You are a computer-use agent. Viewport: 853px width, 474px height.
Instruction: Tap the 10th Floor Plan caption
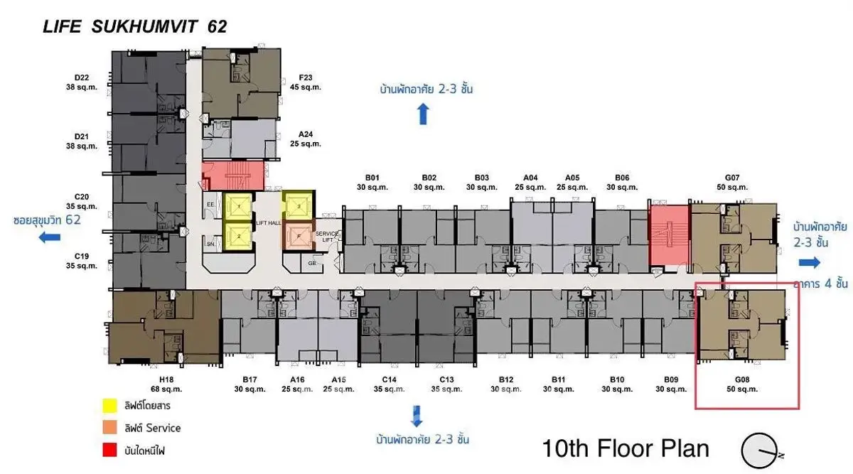pyautogui.click(x=626, y=448)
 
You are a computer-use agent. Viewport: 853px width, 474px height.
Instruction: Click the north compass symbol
pyautogui.click(x=761, y=451)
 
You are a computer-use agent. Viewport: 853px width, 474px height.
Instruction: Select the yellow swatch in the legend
pyautogui.click(x=109, y=406)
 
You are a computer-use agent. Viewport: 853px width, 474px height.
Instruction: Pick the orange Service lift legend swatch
pyautogui.click(x=109, y=428)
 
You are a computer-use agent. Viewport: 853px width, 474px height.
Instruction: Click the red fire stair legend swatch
pyautogui.click(x=109, y=450)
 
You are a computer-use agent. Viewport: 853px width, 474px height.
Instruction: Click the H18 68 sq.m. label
pyautogui.click(x=167, y=384)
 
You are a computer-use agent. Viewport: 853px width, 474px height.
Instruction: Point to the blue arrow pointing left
pyautogui.click(x=49, y=237)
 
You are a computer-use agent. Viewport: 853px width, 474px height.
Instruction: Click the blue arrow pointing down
pyautogui.click(x=416, y=414)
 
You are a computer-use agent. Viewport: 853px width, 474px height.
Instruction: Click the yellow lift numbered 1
pyautogui.click(x=240, y=207)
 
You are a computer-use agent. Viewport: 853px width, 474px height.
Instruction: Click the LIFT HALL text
pyautogui.click(x=267, y=222)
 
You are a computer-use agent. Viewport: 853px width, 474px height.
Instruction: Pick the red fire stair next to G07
pyautogui.click(x=669, y=237)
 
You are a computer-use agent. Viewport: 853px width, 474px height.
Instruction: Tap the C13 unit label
pyautogui.click(x=446, y=384)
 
